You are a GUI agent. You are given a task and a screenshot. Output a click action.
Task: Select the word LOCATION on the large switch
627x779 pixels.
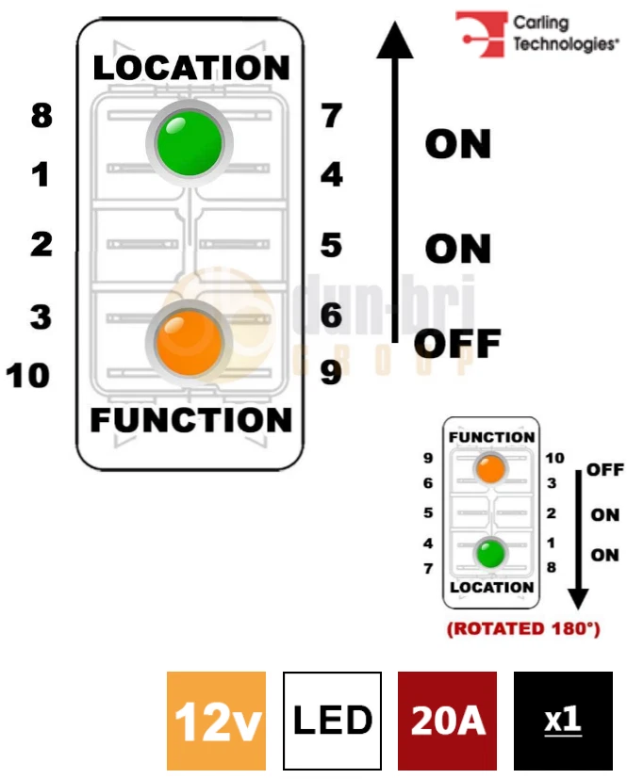click(191, 68)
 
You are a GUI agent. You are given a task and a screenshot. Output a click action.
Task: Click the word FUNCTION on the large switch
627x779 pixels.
click(191, 419)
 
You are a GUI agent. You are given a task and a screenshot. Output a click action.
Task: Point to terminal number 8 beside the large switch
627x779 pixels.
click(41, 117)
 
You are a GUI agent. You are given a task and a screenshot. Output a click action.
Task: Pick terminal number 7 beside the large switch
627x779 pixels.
click(331, 117)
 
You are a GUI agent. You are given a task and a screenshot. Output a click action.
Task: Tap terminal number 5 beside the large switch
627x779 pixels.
click(331, 246)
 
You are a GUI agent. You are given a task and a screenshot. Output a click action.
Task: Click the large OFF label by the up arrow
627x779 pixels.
click(457, 344)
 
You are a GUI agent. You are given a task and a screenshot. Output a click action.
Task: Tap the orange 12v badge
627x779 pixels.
click(216, 721)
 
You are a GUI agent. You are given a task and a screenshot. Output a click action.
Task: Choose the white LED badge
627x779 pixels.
click(332, 721)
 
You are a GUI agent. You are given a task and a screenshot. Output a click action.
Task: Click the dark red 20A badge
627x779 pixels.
click(448, 721)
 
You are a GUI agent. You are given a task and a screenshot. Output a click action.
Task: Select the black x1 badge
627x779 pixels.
click(563, 721)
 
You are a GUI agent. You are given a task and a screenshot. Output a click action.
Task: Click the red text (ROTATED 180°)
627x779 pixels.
click(523, 628)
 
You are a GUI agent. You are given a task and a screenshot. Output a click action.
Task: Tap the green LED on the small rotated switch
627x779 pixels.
click(490, 552)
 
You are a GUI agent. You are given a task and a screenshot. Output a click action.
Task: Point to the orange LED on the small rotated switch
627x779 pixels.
click(490, 468)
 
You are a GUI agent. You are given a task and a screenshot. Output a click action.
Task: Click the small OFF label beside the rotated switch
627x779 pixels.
click(604, 469)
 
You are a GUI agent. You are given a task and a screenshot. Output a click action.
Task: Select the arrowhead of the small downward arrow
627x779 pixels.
click(578, 599)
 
